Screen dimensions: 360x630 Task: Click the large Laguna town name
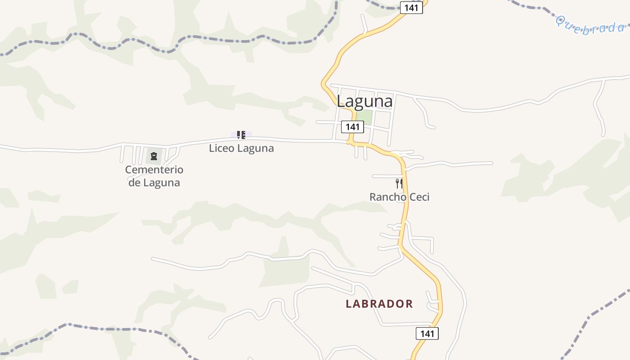click(364, 101)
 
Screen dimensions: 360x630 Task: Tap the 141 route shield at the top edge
click(411, 8)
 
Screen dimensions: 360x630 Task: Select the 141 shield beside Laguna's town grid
click(352, 127)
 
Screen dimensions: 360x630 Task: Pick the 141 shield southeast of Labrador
click(427, 333)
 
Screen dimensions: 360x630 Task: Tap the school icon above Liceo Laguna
click(241, 135)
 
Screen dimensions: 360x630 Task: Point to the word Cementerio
click(154, 170)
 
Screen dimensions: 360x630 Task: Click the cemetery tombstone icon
click(154, 157)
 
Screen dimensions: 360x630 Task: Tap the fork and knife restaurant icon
click(399, 183)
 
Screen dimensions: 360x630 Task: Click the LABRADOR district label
click(379, 304)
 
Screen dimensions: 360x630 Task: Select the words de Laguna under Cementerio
click(154, 183)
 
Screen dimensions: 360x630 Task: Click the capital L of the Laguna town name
click(342, 101)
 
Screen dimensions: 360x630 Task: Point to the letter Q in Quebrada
click(561, 20)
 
